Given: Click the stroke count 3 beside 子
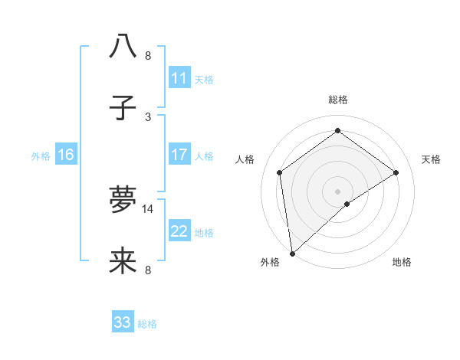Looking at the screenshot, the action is click(148, 116).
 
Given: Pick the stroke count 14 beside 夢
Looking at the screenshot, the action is click(149, 208).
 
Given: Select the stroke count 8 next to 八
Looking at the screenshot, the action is click(148, 56).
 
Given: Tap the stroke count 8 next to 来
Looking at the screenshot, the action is click(148, 270).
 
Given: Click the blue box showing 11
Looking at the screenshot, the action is click(179, 78).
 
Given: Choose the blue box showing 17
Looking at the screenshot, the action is click(179, 155).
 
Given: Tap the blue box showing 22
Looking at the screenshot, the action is click(179, 231).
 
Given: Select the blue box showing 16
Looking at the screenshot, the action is click(65, 155).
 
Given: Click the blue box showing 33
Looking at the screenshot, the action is click(123, 322).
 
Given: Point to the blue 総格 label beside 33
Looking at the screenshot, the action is click(147, 324).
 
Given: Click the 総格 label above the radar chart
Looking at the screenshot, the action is click(338, 100).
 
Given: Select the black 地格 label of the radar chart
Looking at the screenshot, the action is click(402, 263).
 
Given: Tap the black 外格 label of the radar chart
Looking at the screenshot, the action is click(269, 263).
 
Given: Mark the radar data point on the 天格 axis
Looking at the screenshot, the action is click(396, 172).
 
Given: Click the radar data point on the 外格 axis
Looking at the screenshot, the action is click(292, 254).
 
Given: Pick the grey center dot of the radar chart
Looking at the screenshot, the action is click(338, 191).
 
